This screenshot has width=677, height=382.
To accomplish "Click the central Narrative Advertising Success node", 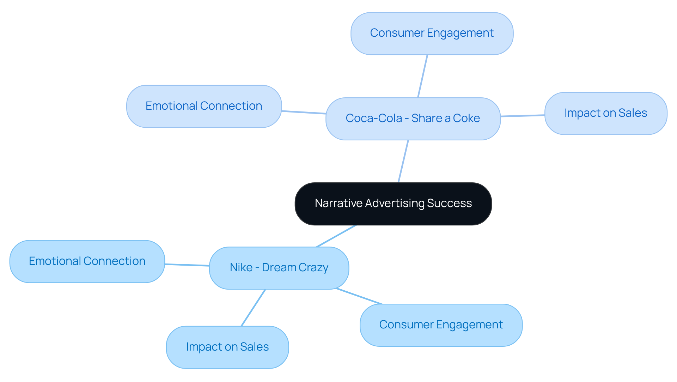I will coord(393,204).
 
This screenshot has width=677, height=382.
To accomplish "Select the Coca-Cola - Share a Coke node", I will coord(413,119).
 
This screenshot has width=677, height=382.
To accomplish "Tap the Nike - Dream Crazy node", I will coord(279,268).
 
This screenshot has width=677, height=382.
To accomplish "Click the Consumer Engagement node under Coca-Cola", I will coord(432,33).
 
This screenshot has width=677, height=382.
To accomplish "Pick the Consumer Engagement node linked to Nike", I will coord(441,325).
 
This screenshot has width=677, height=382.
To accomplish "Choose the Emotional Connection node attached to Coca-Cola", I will coord(204,106).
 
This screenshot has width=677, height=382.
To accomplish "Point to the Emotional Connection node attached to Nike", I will coord(87,261).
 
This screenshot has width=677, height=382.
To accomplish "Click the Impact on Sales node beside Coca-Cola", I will coord(605,113).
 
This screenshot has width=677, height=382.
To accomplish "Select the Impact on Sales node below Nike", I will coord(227,347).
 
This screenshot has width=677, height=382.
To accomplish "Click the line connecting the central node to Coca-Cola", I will coord(403,161).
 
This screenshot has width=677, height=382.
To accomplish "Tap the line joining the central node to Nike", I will coord(336,236).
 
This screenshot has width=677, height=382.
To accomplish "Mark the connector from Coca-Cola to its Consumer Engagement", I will coord(422,76).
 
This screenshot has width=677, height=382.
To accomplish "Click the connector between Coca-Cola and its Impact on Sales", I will coord(523,116).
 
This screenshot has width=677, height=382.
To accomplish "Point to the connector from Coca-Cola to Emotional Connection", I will coord(304,112).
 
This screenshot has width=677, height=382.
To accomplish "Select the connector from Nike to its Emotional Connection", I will coord(187,265).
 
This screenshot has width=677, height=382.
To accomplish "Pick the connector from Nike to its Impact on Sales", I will coord(253,308).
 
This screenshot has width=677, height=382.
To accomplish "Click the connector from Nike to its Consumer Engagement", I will coord(359,296).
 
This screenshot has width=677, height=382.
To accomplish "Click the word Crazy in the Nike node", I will coord(314,268).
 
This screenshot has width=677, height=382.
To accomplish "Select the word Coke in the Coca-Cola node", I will coord(466,119).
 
